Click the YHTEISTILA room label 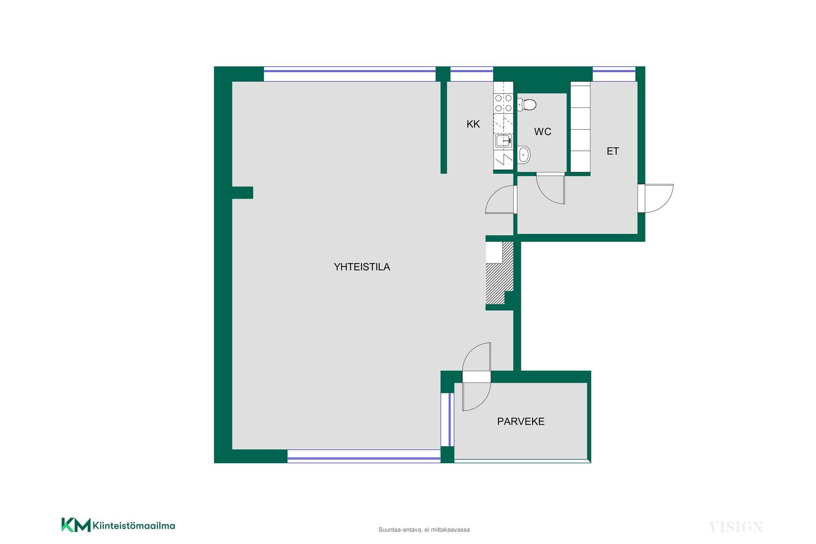point(362,267)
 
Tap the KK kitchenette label point(473,124)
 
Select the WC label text point(543,132)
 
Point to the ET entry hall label point(612,151)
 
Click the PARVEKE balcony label point(521,421)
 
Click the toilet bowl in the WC point(527,104)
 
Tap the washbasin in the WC point(524,155)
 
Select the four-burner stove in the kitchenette point(503,103)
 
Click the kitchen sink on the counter point(503,141)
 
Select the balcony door point(476,377)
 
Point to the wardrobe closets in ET point(581,127)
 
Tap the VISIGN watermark point(736,527)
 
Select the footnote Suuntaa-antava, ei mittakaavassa point(424,530)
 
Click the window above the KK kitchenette point(472,74)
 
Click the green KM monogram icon point(76,525)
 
